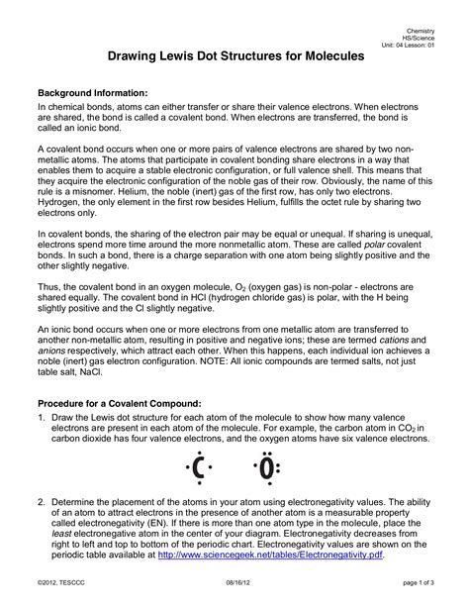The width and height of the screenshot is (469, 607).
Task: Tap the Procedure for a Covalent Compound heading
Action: [119, 404]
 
